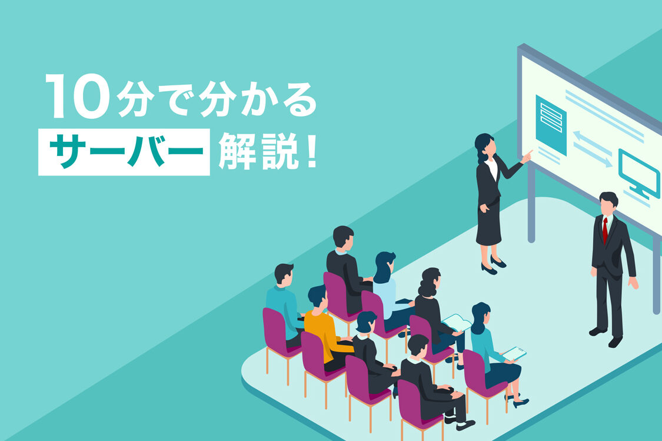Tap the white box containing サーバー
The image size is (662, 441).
pos(124,152)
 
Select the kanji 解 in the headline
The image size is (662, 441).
pos(237,151)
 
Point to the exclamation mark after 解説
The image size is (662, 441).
pos(312,151)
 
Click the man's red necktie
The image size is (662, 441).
pos(605,230)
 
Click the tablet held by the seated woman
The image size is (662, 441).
pos(514,353)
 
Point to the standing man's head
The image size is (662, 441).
pos(608,205)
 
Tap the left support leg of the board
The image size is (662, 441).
pos(531,203)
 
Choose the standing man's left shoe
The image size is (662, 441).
pos(616,341)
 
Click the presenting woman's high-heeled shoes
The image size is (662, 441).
pos(494,265)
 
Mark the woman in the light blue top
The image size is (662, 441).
pos(388,291)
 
